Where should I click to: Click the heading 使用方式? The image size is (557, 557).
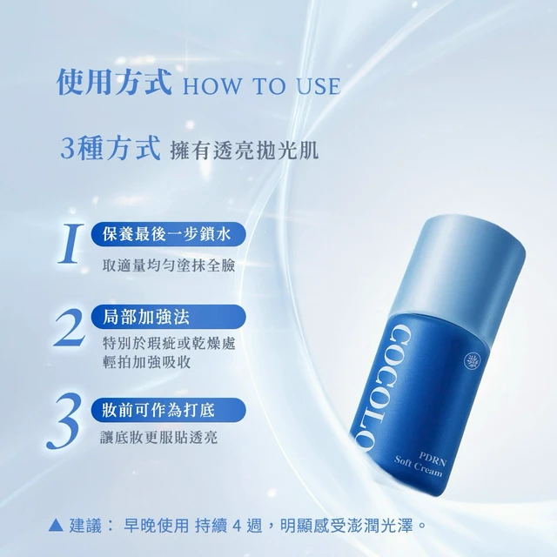click(x=114, y=83)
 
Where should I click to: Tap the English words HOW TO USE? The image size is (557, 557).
click(x=262, y=86)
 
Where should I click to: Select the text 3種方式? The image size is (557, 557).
click(x=111, y=148)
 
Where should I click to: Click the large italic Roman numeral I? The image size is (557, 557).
click(x=70, y=244)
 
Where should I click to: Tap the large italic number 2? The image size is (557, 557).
click(x=70, y=327)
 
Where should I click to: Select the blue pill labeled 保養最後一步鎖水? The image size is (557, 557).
click(x=168, y=234)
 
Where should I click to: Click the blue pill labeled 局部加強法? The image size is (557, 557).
click(x=168, y=317)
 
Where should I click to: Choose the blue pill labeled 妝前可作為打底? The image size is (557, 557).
click(x=168, y=410)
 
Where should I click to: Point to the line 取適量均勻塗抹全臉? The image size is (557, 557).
click(x=169, y=265)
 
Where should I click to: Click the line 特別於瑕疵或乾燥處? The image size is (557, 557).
click(x=169, y=344)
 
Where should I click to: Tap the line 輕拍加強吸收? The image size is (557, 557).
click(x=147, y=362)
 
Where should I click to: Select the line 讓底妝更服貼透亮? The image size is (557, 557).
click(x=158, y=437)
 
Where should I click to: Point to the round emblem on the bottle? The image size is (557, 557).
click(x=473, y=359)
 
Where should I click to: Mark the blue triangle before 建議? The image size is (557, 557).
click(x=56, y=526)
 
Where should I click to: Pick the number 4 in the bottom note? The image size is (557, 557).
click(x=236, y=526)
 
